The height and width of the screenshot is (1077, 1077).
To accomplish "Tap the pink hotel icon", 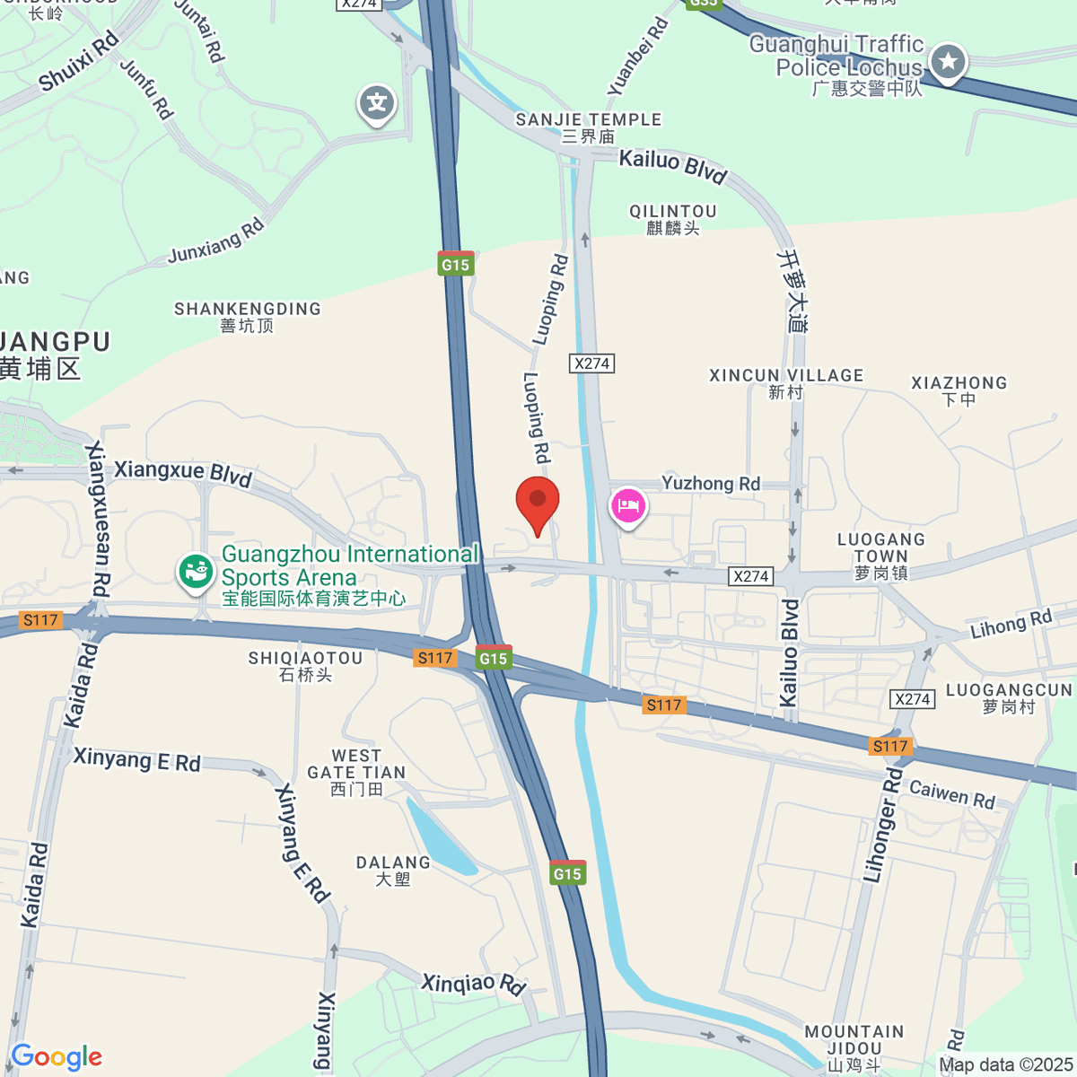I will point(628,505).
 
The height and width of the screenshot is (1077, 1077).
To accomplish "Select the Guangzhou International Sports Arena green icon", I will point(196,571).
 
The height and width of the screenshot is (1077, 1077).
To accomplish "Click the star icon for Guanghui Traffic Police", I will point(948,63).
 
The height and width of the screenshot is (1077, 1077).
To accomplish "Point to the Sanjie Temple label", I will point(589,127).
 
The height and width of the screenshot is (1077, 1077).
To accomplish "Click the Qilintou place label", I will point(673,220).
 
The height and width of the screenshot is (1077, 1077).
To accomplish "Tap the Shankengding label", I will point(247,317).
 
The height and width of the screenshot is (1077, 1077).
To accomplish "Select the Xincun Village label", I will point(786,383).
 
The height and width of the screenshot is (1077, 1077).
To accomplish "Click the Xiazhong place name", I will point(959,390).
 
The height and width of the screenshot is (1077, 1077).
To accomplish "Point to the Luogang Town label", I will point(880,556).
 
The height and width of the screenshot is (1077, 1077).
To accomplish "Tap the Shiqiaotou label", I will point(305,666).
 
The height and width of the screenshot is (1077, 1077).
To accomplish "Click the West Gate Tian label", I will point(356,772).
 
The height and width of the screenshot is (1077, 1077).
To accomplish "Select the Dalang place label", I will point(393,871).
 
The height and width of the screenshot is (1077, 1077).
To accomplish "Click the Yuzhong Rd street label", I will point(711,484).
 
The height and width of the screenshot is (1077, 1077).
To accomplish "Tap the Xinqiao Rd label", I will point(473,984).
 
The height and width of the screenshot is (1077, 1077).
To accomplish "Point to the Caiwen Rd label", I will point(952,794).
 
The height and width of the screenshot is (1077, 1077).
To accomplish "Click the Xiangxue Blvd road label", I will point(183,472).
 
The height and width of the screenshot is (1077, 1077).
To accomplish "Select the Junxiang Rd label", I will point(216,241).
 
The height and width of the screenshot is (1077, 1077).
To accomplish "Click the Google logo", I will point(57,1057).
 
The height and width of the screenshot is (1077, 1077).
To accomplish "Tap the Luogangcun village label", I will point(1009,698).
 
